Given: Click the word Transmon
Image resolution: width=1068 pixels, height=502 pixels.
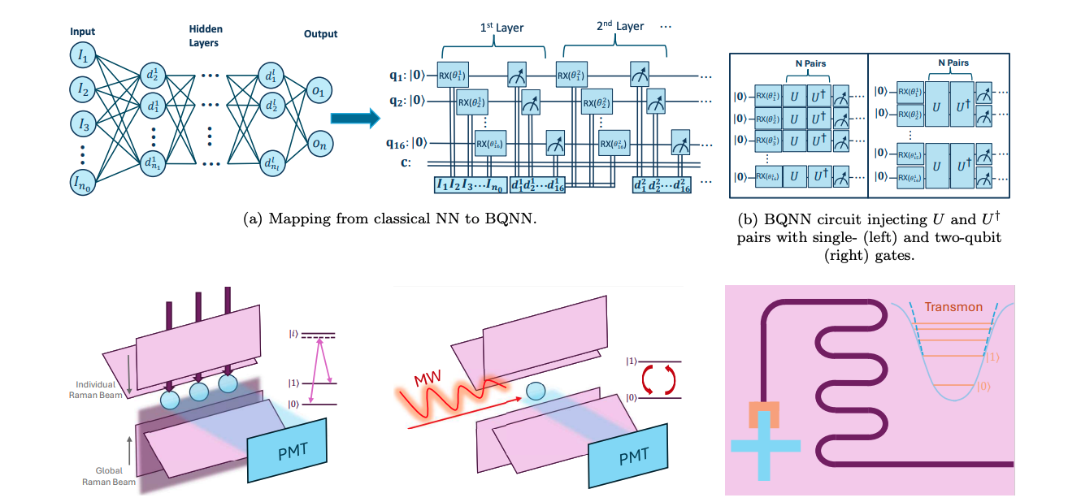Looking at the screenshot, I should click(x=953, y=307).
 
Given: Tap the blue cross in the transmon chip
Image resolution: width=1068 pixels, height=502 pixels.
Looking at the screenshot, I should click(x=765, y=447).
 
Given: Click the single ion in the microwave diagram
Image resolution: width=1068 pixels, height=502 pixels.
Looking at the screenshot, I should click(x=536, y=391).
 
